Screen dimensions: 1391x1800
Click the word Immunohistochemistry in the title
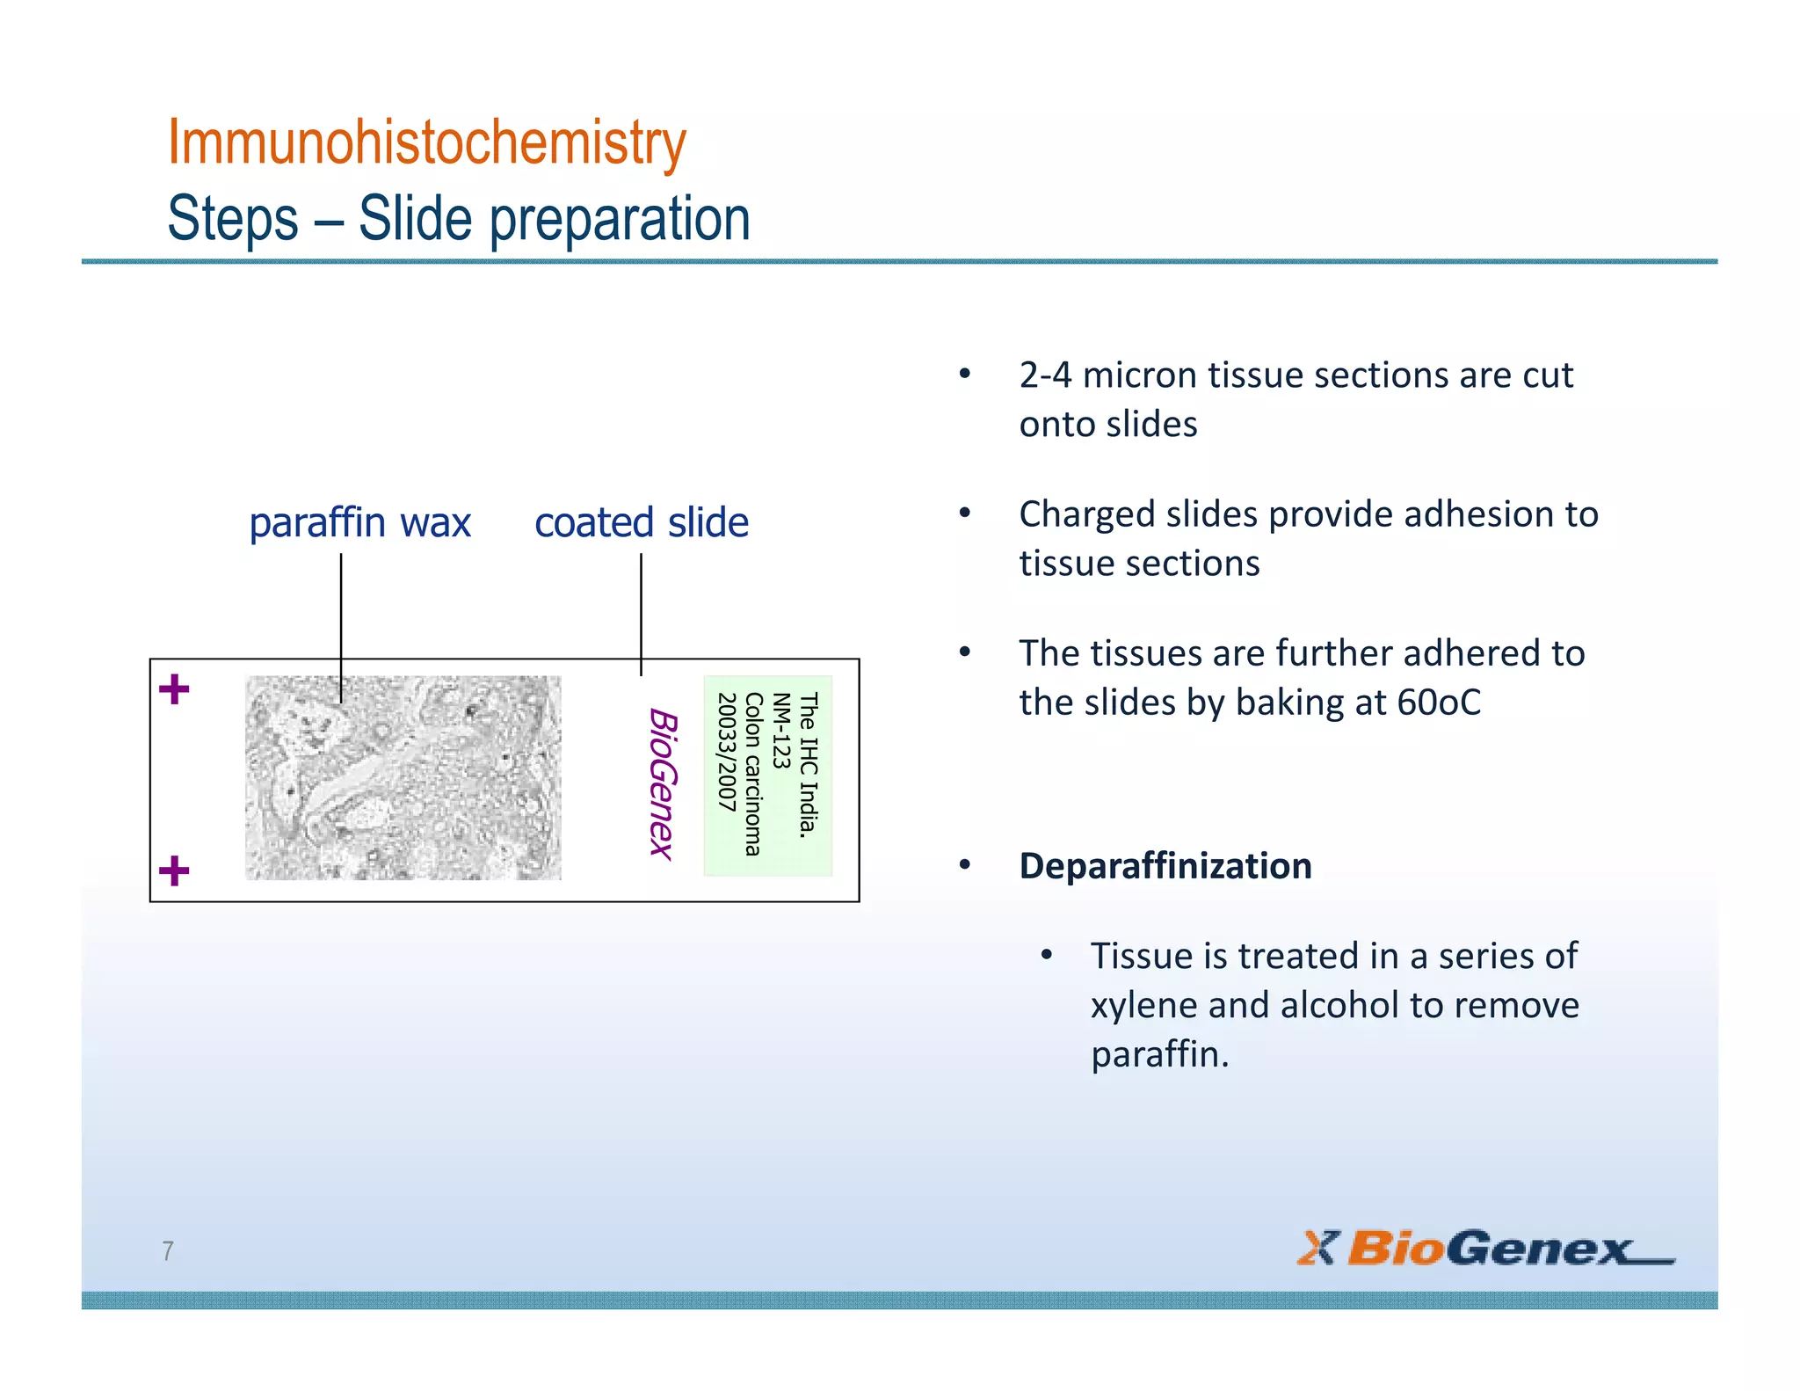tap(426, 142)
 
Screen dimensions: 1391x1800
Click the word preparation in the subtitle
tap(620, 219)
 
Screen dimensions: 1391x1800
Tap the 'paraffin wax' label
tap(359, 522)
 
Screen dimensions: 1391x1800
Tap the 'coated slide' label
tap(642, 522)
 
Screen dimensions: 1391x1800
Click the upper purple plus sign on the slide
tap(174, 689)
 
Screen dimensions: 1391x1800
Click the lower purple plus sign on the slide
tap(174, 871)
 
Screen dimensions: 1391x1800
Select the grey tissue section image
tap(403, 778)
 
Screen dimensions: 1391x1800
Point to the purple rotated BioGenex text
tap(663, 783)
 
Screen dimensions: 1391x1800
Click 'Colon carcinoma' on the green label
tap(753, 774)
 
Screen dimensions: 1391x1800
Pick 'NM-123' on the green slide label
tap(780, 731)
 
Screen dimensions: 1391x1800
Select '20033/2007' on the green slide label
tap(726, 752)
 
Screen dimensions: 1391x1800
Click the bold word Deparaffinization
tap(1165, 866)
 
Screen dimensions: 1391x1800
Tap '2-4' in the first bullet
tap(1045, 375)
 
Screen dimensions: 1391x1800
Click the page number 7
tap(168, 1250)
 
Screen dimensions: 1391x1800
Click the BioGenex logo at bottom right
tap(1484, 1249)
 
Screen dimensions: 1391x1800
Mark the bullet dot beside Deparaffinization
tap(965, 865)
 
